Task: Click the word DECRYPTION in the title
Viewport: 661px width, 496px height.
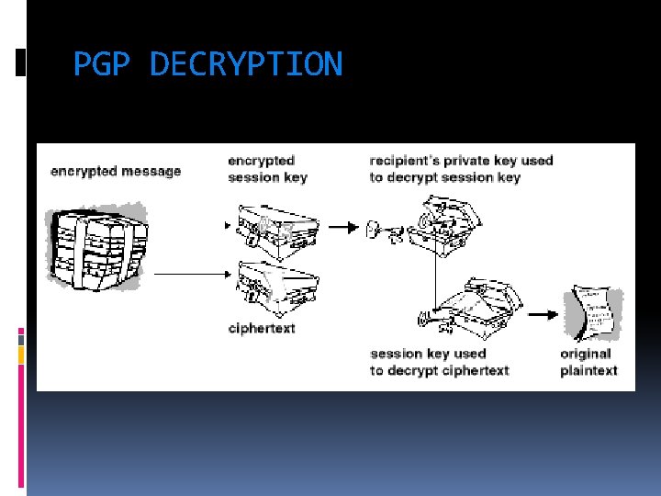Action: (245, 64)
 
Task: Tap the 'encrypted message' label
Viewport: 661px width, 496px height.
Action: (116, 171)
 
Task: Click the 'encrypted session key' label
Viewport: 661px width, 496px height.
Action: (267, 169)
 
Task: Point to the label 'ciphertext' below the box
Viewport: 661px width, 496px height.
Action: (262, 328)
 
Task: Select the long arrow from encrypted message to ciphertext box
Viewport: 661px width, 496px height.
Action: (191, 273)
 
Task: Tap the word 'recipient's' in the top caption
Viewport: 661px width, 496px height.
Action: (405, 161)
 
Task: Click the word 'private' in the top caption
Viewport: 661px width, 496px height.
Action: (471, 161)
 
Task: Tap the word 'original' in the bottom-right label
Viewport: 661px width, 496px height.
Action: (585, 354)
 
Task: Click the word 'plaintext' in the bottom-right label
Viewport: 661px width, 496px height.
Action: (588, 371)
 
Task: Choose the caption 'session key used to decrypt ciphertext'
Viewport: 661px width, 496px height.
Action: (439, 362)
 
